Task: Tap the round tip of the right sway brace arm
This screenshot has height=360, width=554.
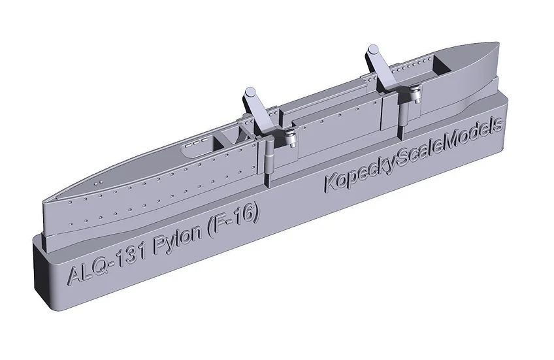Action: click(x=372, y=50)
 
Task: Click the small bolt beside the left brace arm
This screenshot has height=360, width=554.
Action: click(x=288, y=136)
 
